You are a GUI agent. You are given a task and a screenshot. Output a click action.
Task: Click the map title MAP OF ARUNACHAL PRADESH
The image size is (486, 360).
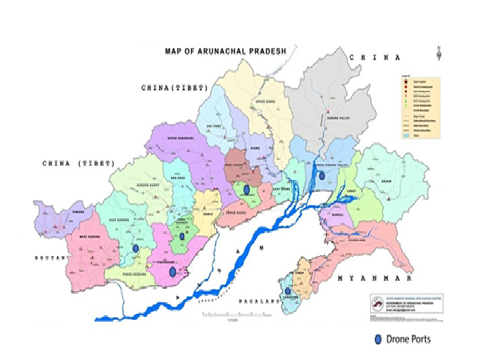point(225,50)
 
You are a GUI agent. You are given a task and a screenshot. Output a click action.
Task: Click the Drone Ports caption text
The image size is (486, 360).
point(409,339)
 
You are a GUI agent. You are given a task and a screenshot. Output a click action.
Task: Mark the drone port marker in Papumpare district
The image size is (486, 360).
point(173,271)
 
